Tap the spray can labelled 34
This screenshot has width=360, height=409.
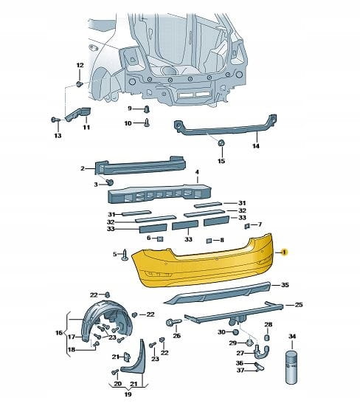point(291,367)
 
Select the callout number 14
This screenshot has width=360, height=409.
point(256,146)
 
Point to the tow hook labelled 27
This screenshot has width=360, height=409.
point(262,351)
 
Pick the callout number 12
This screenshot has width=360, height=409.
point(80,65)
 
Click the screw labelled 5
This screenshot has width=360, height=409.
point(125,254)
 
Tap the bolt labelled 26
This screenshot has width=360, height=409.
point(173,322)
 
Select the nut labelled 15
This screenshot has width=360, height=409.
point(221,142)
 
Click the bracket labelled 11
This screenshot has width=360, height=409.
point(78,114)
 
